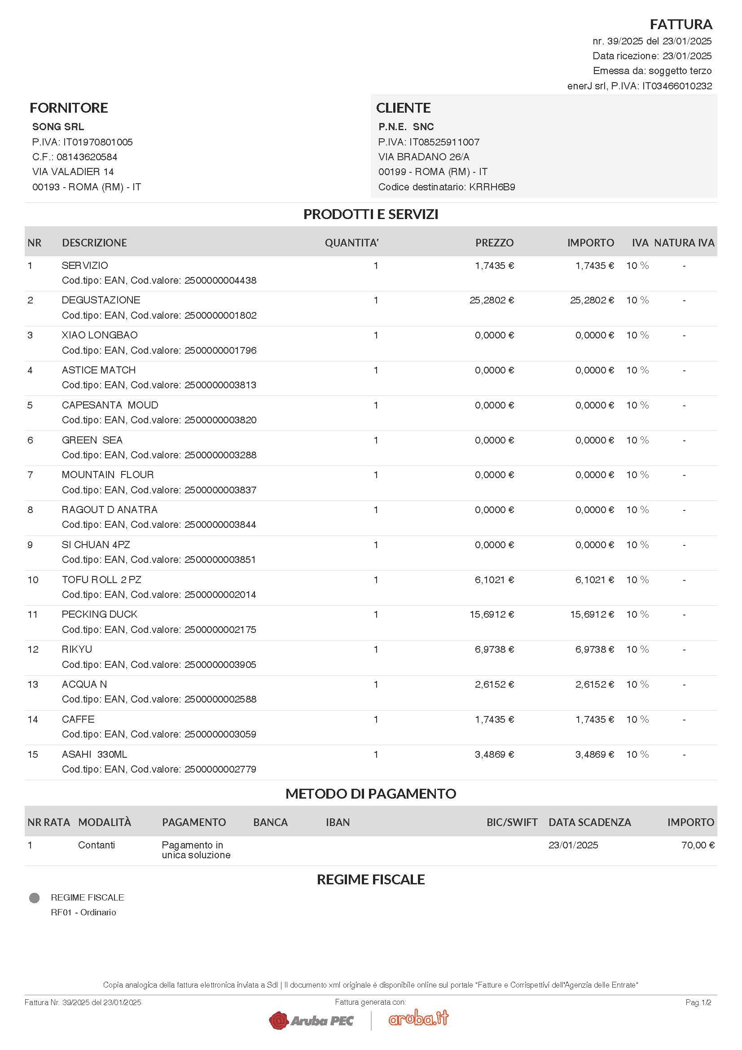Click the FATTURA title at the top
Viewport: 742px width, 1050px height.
point(681,24)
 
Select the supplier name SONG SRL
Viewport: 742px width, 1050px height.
point(58,127)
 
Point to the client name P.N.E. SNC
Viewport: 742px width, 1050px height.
point(406,127)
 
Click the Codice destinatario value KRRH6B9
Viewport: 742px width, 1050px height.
point(492,187)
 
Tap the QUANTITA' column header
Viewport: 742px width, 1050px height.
point(351,243)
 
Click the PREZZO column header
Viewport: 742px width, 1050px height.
point(494,243)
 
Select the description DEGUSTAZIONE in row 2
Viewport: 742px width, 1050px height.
point(101,300)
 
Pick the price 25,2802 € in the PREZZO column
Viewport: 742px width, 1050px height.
point(492,300)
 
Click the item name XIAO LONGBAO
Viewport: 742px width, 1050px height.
point(100,335)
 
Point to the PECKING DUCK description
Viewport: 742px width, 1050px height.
point(100,614)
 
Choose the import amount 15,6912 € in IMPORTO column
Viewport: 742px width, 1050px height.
point(592,614)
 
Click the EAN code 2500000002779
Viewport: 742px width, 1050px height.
point(220,769)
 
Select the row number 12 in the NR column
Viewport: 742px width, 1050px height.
point(33,650)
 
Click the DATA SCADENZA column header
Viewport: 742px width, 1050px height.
point(589,822)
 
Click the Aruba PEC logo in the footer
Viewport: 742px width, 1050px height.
point(312,1020)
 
